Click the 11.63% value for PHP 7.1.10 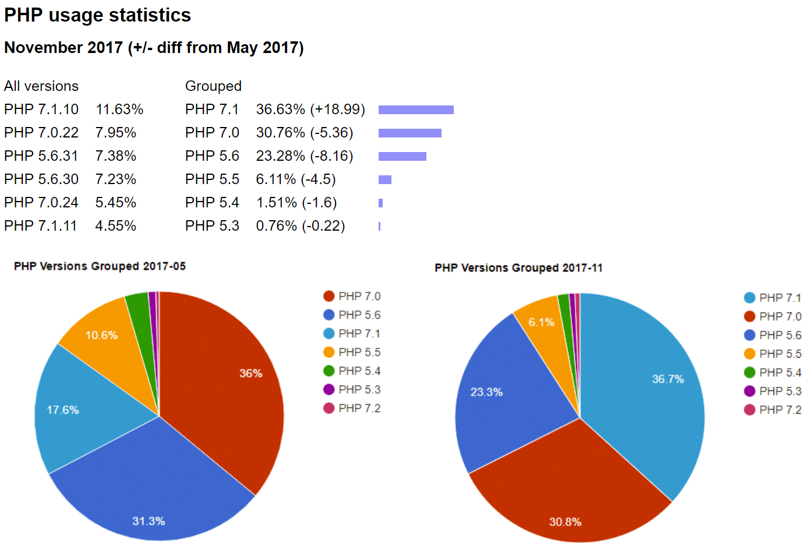tap(119, 110)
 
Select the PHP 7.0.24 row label tap(41, 203)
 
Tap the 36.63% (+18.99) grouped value tap(310, 110)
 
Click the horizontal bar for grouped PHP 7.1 tap(416, 110)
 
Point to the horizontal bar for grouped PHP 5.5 tap(385, 179)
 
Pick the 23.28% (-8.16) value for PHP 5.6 tap(304, 156)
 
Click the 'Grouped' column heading tap(213, 86)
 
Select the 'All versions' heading tap(41, 86)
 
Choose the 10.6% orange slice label tap(101, 336)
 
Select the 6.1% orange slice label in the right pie tap(541, 323)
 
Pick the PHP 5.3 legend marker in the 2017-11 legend tap(750, 391)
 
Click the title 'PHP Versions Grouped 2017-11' tap(518, 268)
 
